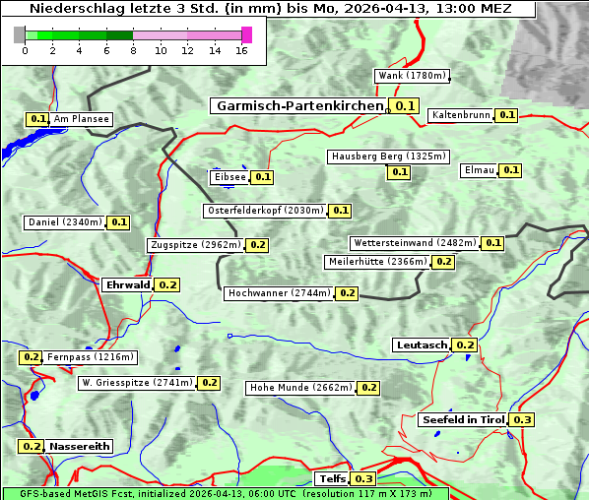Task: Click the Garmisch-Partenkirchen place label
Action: (x=297, y=105)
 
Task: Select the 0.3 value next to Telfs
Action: (x=363, y=478)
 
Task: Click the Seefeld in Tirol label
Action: (x=463, y=419)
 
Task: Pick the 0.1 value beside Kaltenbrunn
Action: (x=506, y=115)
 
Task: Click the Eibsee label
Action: (x=229, y=177)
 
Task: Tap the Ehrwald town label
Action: (x=127, y=284)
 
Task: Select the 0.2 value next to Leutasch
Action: (x=465, y=344)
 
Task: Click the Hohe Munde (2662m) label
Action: (x=300, y=388)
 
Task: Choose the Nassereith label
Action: (x=80, y=446)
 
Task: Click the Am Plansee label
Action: (x=82, y=119)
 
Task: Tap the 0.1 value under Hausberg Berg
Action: (x=399, y=172)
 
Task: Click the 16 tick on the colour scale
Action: (x=242, y=49)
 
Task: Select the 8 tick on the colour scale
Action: (x=133, y=49)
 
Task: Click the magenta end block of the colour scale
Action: (x=246, y=34)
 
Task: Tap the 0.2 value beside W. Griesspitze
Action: (x=209, y=382)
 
